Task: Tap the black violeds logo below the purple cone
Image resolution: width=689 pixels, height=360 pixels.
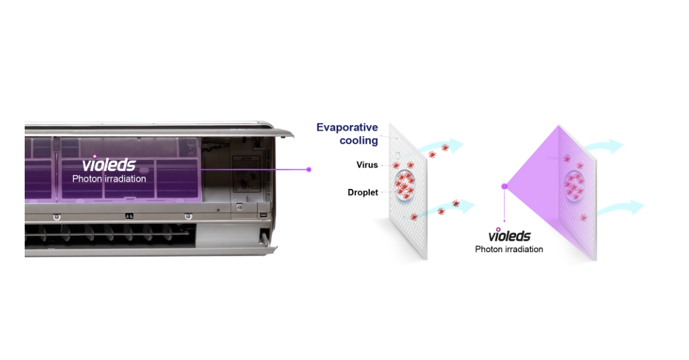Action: tap(509, 235)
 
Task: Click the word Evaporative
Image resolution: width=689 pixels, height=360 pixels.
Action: tap(347, 127)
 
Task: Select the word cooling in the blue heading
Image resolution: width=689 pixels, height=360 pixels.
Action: tap(359, 141)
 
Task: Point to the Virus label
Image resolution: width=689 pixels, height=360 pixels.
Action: tap(367, 165)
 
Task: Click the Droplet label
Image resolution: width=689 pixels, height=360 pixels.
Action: tap(363, 192)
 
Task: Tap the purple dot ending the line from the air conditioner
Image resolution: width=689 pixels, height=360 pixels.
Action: tap(309, 169)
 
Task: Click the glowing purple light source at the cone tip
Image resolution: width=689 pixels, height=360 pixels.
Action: tap(504, 187)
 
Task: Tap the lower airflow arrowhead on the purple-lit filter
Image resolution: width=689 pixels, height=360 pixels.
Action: tap(637, 207)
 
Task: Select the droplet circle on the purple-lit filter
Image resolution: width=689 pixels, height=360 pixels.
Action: tap(575, 185)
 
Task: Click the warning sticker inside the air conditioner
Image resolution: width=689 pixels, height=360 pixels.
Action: tap(246, 174)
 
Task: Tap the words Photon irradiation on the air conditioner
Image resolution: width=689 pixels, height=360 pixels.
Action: tap(109, 179)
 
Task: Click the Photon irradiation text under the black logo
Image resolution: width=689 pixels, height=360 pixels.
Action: tap(509, 249)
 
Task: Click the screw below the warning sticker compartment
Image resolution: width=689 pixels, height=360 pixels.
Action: tap(239, 207)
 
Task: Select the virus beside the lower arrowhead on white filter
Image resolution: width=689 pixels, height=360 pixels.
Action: tap(456, 203)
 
